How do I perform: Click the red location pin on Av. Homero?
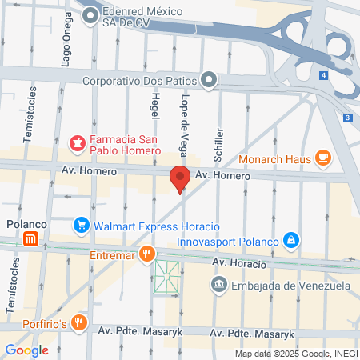(180, 178)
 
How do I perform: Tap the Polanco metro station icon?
(30, 238)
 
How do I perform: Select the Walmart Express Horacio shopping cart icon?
(80, 225)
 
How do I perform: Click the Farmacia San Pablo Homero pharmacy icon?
(77, 144)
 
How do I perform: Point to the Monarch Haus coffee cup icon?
(323, 158)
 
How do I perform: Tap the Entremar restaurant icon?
(146, 254)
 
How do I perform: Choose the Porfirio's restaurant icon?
(78, 322)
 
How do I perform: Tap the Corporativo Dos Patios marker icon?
(209, 79)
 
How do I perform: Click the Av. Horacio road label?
(238, 262)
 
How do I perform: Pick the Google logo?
(26, 350)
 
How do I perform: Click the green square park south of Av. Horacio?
(166, 277)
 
